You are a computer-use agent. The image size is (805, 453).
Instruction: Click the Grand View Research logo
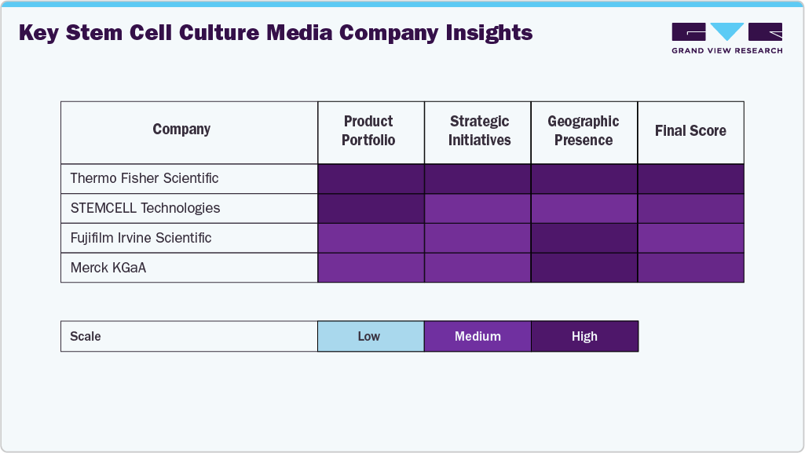tap(726, 38)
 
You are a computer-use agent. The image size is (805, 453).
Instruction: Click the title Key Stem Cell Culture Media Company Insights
tap(275, 33)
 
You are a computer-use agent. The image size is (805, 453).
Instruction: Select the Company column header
tap(181, 130)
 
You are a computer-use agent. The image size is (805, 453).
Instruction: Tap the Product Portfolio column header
tap(368, 131)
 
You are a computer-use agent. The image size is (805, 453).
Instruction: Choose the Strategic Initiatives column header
tap(479, 131)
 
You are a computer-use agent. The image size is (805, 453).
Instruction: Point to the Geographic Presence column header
tap(584, 131)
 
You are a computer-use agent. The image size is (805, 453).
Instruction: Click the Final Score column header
tap(690, 131)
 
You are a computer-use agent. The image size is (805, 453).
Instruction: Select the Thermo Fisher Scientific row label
tap(145, 178)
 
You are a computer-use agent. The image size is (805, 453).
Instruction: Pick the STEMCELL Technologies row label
tap(145, 208)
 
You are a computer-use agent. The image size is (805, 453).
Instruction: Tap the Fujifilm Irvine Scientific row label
tap(141, 238)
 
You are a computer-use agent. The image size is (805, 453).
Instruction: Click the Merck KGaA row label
tap(108, 268)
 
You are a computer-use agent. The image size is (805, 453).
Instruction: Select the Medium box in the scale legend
tap(478, 336)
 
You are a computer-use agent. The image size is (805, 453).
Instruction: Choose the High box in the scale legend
tap(584, 336)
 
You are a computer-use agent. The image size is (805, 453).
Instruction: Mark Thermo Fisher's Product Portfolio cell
tap(371, 178)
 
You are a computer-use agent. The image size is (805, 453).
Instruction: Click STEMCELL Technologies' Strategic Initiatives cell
tap(478, 208)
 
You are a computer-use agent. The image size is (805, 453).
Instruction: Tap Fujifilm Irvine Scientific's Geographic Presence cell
tap(584, 238)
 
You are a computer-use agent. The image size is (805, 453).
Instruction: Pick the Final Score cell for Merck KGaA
tap(690, 268)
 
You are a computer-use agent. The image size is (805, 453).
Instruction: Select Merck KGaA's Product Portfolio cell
tap(371, 268)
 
